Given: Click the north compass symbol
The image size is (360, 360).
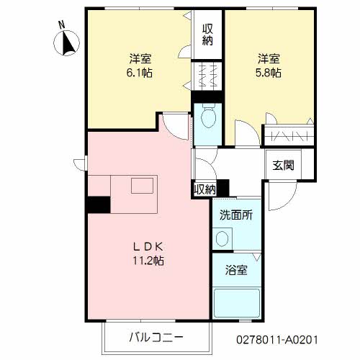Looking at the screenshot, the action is click(x=66, y=43).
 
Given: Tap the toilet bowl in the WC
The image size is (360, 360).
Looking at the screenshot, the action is click(x=208, y=116).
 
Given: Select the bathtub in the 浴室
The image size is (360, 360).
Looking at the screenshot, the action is click(x=237, y=303).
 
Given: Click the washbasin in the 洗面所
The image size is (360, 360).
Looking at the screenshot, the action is click(x=222, y=238).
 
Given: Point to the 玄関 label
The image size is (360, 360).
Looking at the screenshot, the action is click(x=283, y=165).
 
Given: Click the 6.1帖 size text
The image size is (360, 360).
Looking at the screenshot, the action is click(x=139, y=73).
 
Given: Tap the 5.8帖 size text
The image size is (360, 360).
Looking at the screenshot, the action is click(x=269, y=73).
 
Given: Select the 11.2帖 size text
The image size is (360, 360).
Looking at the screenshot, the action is click(x=148, y=261).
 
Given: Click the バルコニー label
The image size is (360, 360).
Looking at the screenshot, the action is click(x=156, y=338).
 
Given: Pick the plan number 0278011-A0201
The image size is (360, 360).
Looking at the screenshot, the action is click(x=277, y=340).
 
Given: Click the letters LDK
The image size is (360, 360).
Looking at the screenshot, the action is click(x=148, y=247).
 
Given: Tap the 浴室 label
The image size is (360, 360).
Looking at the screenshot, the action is click(x=236, y=270).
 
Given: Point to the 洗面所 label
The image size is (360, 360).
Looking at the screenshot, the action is click(x=236, y=215).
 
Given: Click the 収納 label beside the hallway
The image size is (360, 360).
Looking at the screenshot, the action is click(x=204, y=190).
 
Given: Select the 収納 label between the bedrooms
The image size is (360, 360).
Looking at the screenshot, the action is click(x=207, y=35).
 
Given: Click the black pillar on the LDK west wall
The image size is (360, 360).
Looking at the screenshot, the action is click(x=99, y=204).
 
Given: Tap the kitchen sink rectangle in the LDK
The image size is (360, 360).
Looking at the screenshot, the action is click(x=142, y=186).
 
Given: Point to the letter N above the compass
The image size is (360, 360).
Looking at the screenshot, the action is click(x=63, y=25).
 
